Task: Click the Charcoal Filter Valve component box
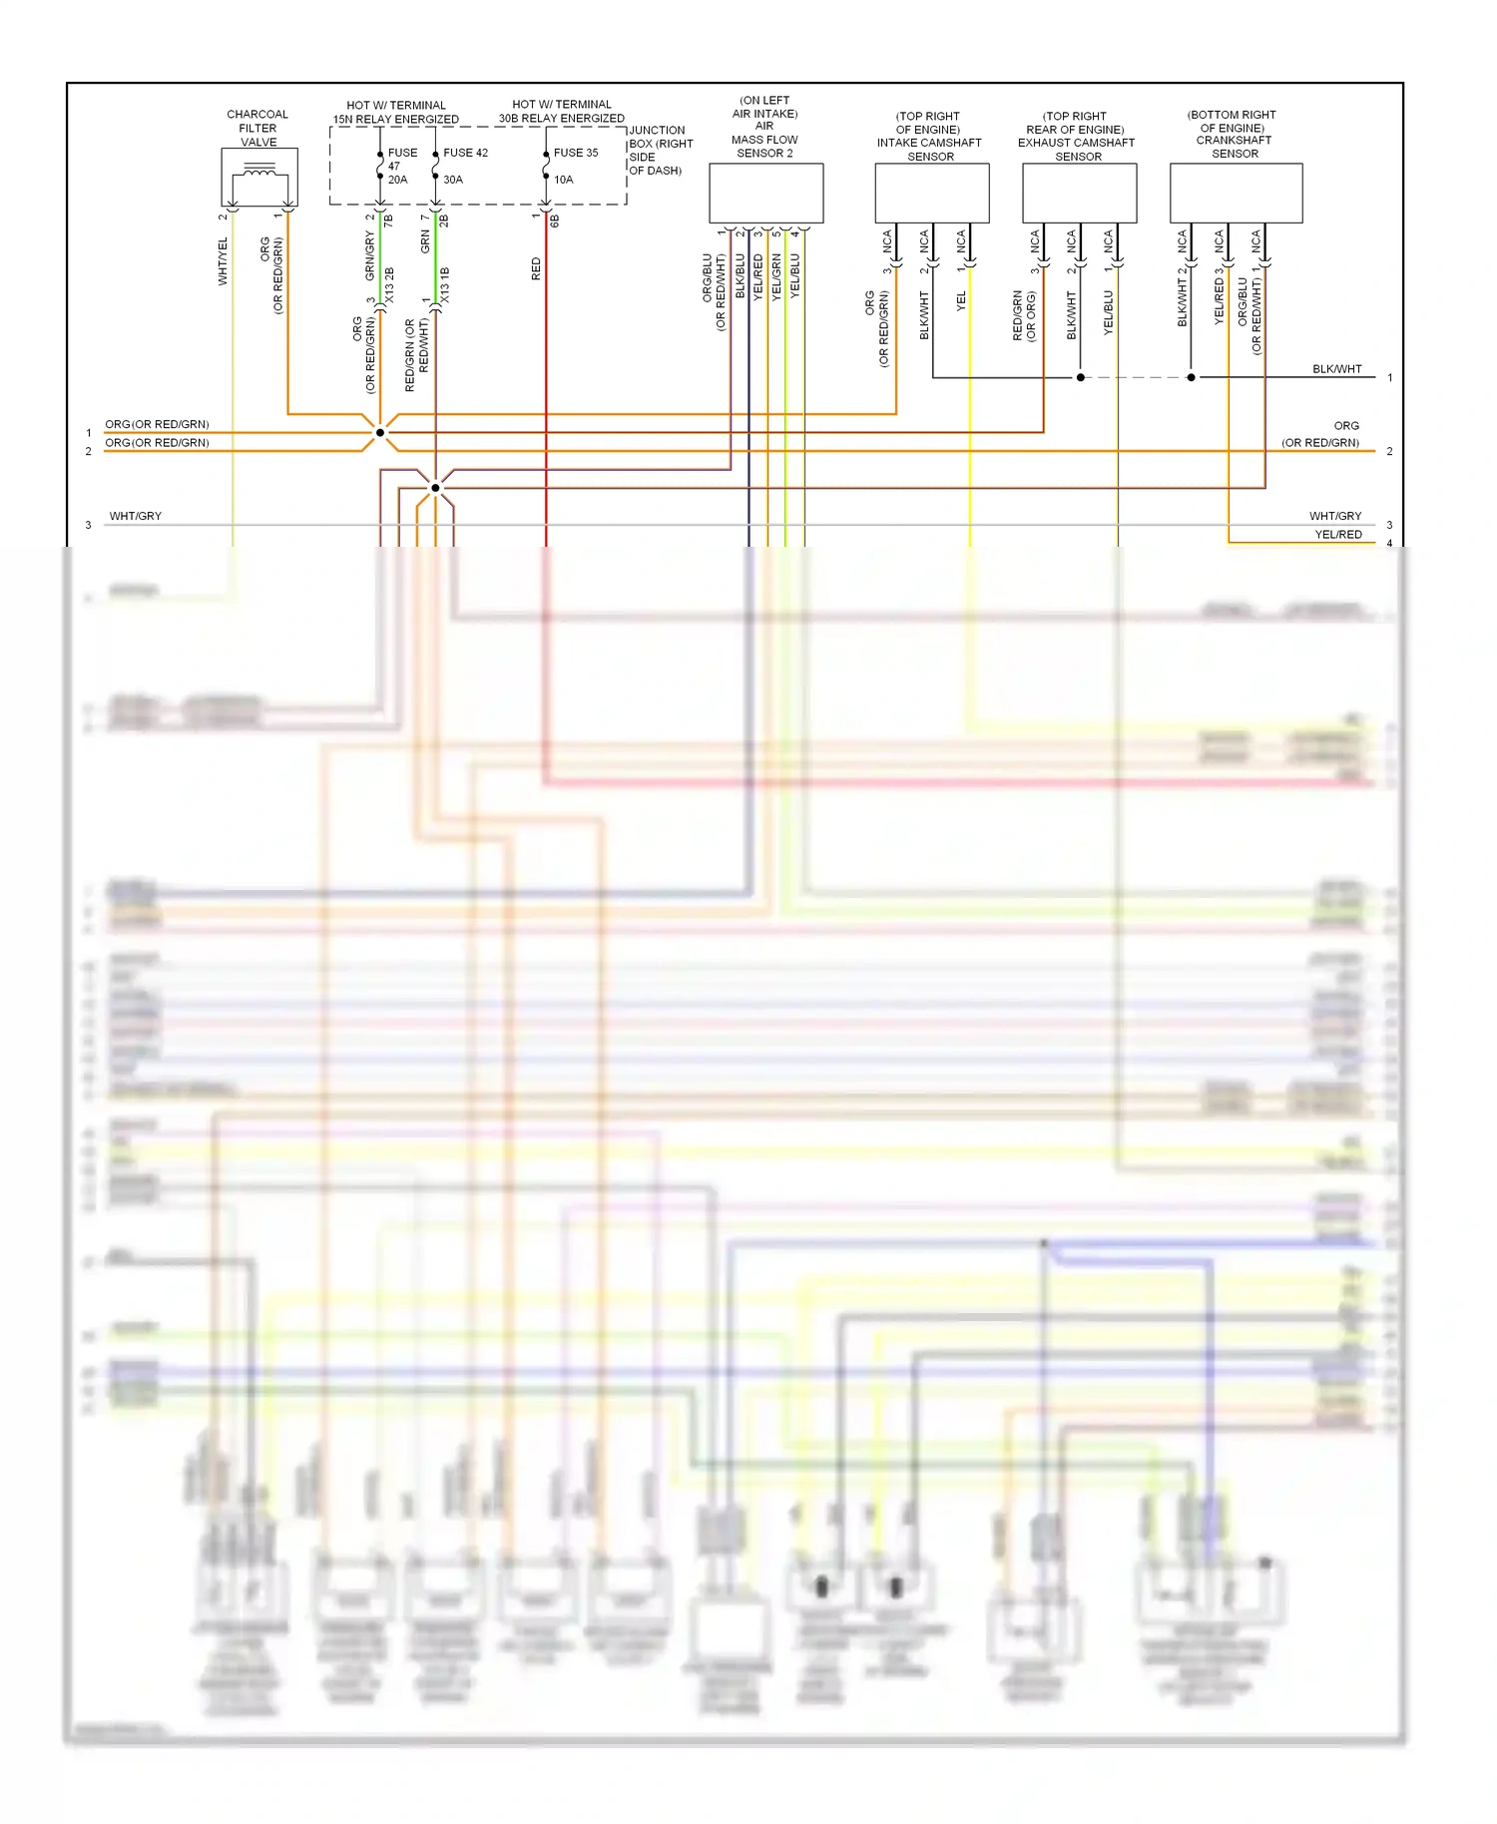coord(258,178)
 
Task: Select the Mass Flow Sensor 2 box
coord(765,193)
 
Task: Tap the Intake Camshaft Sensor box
coord(931,193)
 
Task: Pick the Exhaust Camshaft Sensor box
coord(1079,193)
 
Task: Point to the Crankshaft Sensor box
coord(1236,193)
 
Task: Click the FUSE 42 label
coord(465,153)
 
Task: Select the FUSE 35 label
coord(576,153)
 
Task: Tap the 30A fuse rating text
coord(453,180)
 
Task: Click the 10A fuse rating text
coord(564,180)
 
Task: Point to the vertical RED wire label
coord(536,268)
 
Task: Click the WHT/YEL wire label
coord(223,261)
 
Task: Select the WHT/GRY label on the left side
coord(136,516)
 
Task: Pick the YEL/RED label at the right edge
coord(1337,535)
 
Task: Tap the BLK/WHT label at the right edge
coord(1336,369)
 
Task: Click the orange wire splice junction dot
coord(380,433)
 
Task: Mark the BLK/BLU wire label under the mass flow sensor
coord(741,275)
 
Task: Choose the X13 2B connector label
coord(389,285)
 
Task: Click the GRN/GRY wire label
coord(370,255)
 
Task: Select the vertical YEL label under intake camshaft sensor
coord(961,300)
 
